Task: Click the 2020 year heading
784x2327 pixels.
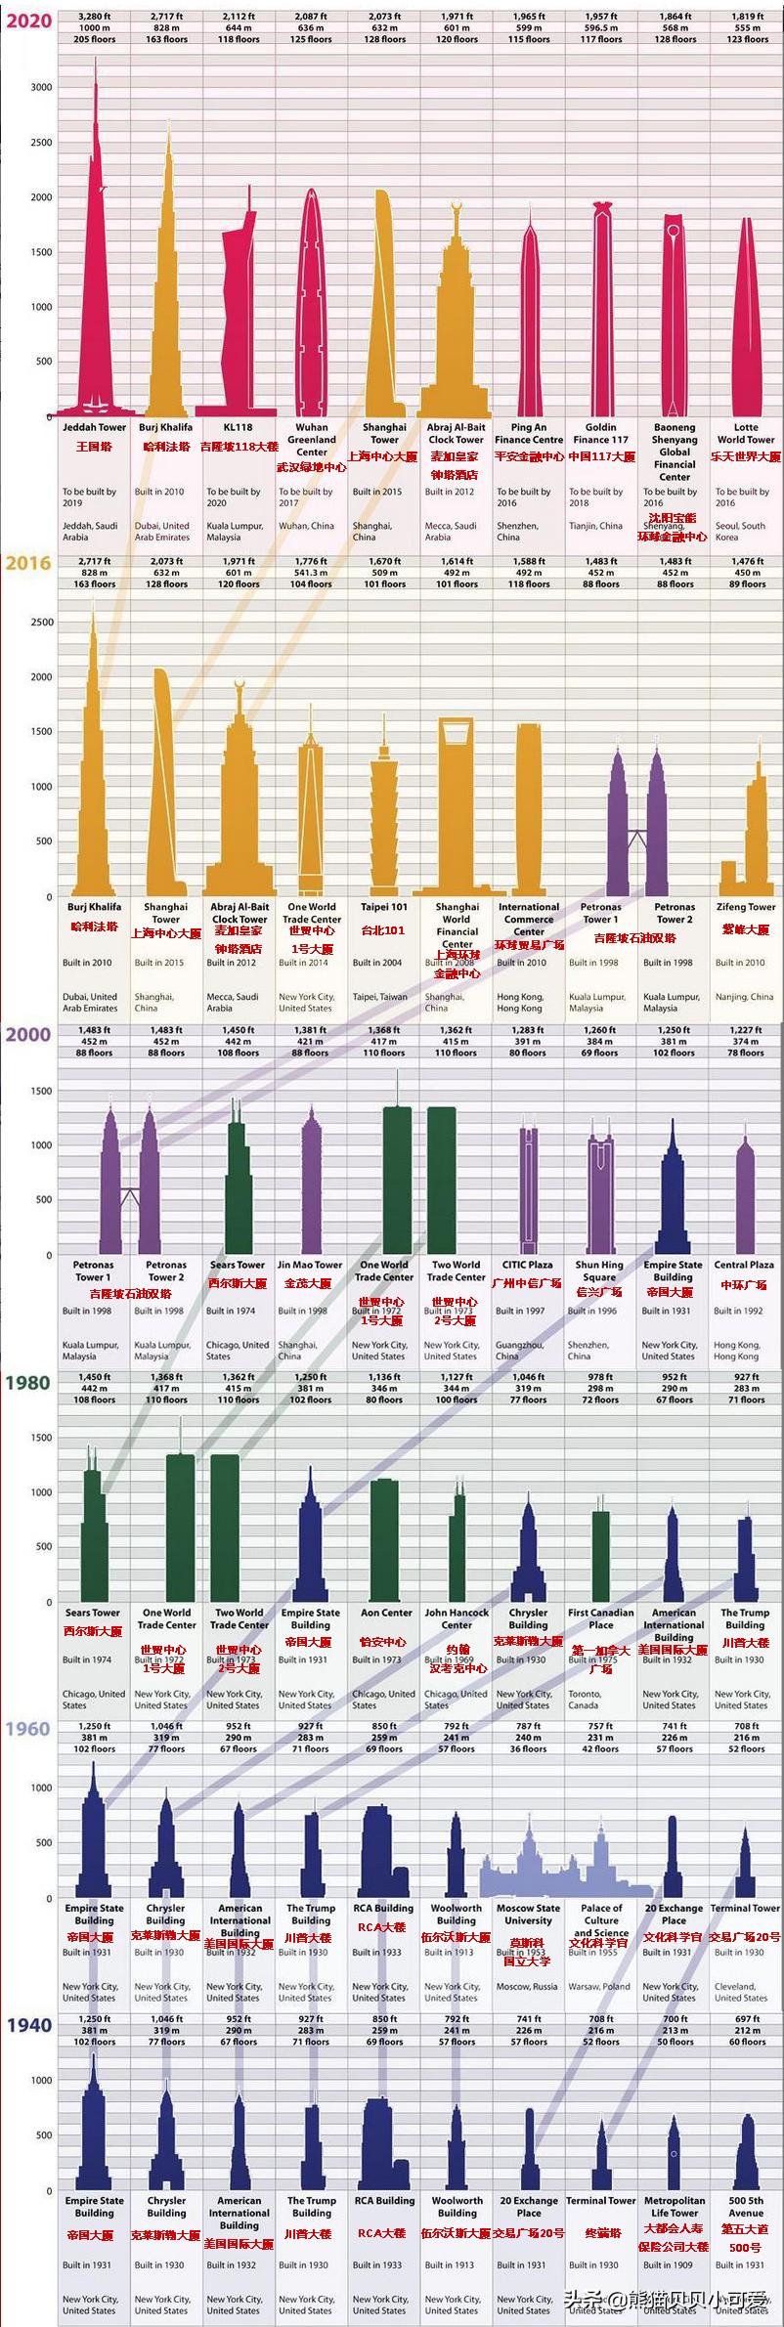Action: pyautogui.click(x=28, y=21)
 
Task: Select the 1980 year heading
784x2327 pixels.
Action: pyautogui.click(x=27, y=1382)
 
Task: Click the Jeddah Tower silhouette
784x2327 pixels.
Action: pyautogui.click(x=95, y=293)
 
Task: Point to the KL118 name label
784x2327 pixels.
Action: pyautogui.click(x=238, y=427)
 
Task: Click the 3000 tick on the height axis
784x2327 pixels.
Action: pyautogui.click(x=41, y=87)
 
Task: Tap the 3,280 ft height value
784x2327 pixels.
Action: pyautogui.click(x=95, y=17)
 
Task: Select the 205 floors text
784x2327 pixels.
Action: pyautogui.click(x=95, y=40)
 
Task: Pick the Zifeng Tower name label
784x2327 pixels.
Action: pyautogui.click(x=746, y=907)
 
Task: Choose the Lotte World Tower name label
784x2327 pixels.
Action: pyautogui.click(x=746, y=433)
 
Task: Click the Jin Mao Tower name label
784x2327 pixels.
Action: pyautogui.click(x=310, y=1265)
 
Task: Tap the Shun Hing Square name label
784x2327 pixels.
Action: pyautogui.click(x=599, y=1271)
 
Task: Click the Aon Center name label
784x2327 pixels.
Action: pyautogui.click(x=386, y=1613)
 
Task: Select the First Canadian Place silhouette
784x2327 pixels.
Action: pyautogui.click(x=601, y=1554)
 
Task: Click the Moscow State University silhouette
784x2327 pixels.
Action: pyautogui.click(x=528, y=1867)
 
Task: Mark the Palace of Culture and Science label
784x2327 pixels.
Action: pyautogui.click(x=601, y=1919)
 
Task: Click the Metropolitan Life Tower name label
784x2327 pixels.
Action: pyautogui.click(x=675, y=2206)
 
